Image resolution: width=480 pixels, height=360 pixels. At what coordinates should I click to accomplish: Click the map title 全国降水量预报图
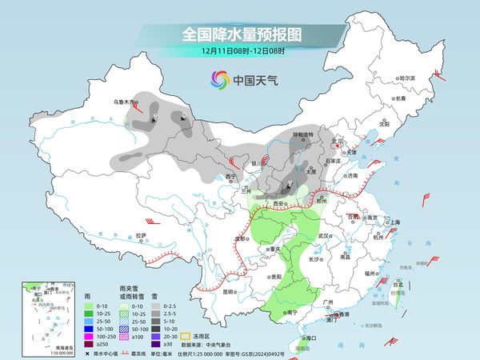tap(240, 34)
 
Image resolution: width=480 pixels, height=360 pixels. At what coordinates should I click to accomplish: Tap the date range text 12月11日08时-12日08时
tap(240, 50)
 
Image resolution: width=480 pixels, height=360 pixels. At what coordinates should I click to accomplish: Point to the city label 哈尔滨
tap(408, 78)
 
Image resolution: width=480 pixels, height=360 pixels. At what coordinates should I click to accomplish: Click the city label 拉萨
tap(141, 235)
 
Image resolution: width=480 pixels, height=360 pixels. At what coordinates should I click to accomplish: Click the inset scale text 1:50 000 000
tap(35, 353)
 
